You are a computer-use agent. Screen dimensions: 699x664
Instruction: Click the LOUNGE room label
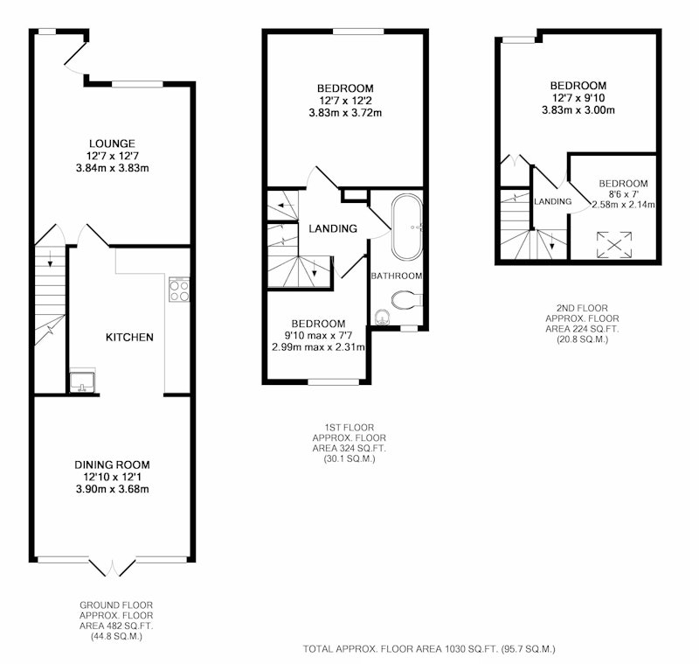[112, 143]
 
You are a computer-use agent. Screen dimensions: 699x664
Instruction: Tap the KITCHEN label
[129, 337]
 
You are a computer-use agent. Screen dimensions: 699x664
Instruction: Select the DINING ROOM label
[112, 465]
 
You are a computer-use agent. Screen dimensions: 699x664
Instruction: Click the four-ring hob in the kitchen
[179, 290]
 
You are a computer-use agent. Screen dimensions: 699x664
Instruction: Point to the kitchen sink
[82, 382]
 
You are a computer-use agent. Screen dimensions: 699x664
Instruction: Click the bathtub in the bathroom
[407, 227]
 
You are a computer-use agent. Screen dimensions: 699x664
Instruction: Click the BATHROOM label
[397, 276]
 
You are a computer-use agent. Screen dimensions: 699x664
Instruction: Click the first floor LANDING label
[333, 228]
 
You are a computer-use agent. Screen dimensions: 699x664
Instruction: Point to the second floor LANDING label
[553, 202]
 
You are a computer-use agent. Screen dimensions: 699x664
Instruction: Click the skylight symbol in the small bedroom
[614, 245]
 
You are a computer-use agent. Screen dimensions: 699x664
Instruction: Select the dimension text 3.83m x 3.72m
[345, 113]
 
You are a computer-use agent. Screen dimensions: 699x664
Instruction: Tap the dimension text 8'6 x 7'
[624, 194]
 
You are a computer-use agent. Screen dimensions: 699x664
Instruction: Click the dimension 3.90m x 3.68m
[113, 489]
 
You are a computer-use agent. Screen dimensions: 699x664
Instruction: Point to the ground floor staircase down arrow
[50, 259]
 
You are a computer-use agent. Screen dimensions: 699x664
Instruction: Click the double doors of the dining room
[113, 567]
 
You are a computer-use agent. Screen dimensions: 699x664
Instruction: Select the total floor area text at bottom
[429, 648]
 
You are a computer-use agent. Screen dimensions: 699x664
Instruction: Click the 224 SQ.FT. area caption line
[582, 329]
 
